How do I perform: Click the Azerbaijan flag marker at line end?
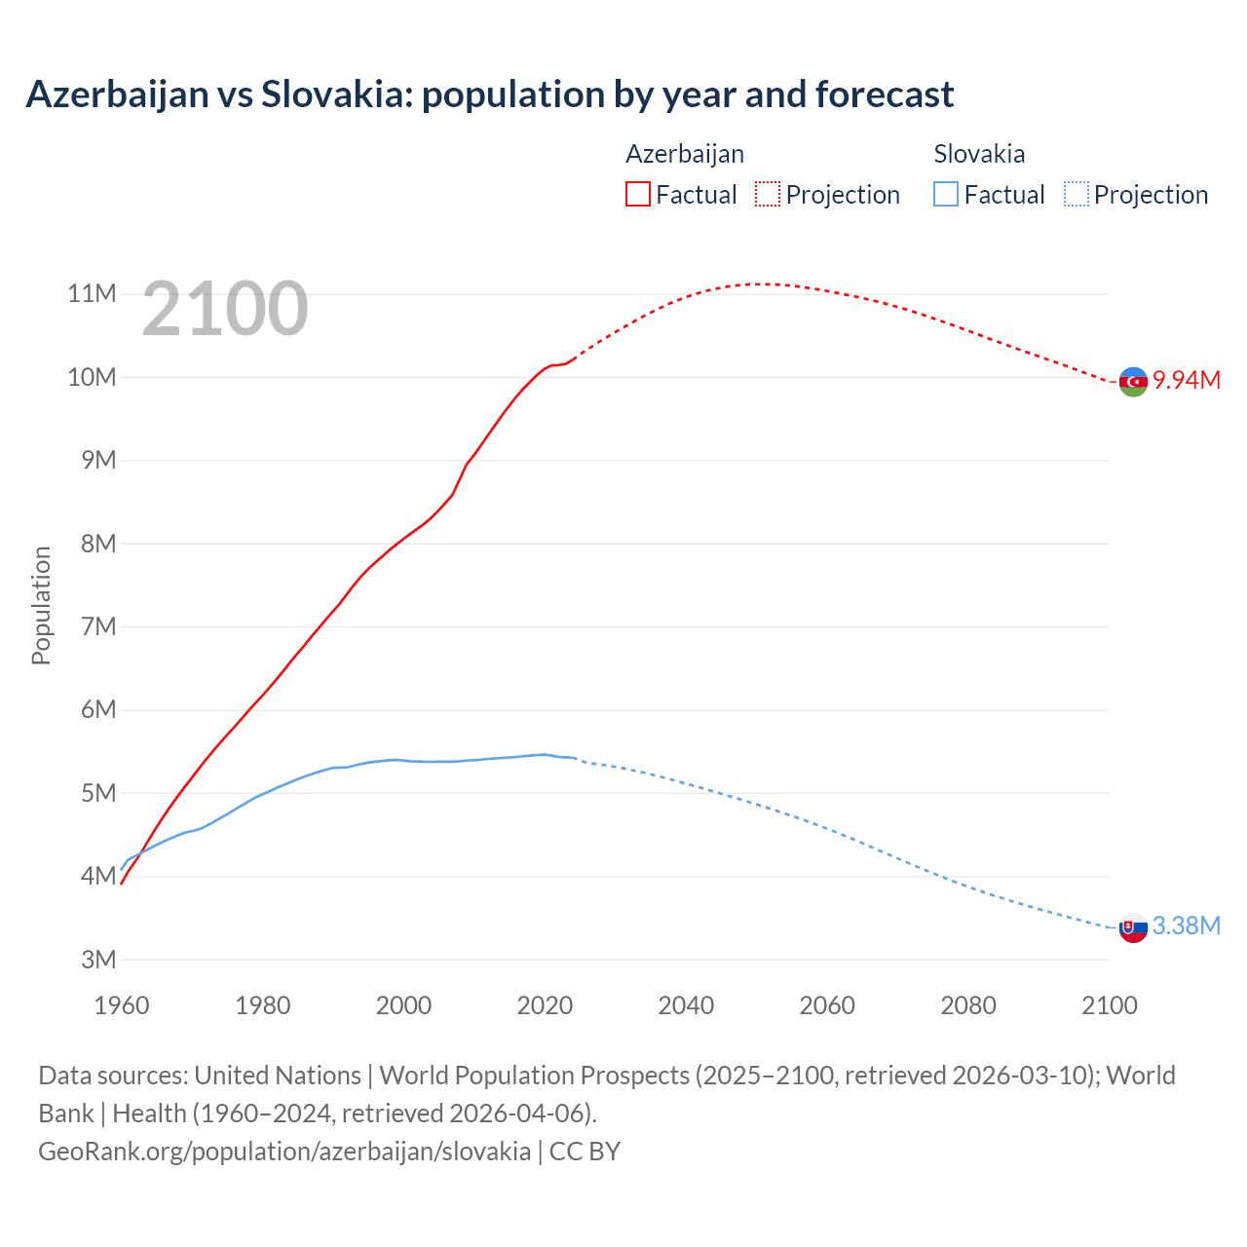click(x=1133, y=382)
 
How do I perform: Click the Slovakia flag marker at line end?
click(x=1133, y=928)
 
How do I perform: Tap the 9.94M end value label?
click(x=1187, y=380)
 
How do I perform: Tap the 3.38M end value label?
click(x=1187, y=926)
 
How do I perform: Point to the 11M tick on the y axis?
click(x=92, y=293)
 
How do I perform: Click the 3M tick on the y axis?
click(x=98, y=960)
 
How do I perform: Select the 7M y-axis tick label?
click(x=98, y=626)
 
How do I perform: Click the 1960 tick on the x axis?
click(x=122, y=1005)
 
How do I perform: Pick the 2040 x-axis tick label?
click(x=686, y=1005)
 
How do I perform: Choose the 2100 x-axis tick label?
click(x=1109, y=1005)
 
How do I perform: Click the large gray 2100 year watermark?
click(x=225, y=309)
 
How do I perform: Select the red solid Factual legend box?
click(x=638, y=194)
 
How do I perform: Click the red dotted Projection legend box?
click(x=768, y=194)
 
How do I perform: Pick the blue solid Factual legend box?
click(x=946, y=194)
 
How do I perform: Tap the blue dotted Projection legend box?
click(x=1077, y=194)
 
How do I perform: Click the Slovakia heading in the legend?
click(x=979, y=154)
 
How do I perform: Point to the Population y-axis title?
click(x=41, y=605)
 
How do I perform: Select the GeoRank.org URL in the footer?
click(x=284, y=1151)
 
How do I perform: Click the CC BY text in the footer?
click(x=585, y=1151)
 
